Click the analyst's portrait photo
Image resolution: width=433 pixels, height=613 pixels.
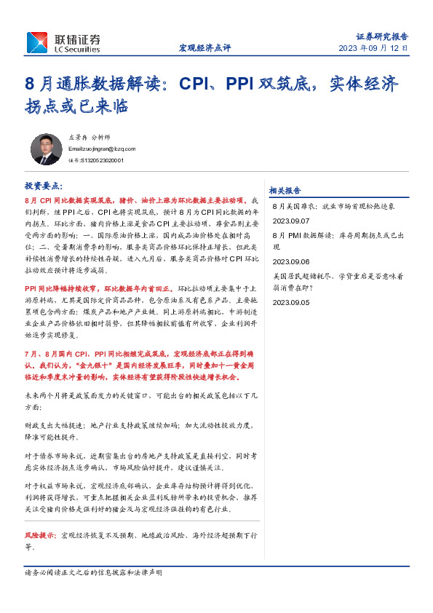coord(46,149)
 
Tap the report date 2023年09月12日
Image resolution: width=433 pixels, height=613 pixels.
coord(373,48)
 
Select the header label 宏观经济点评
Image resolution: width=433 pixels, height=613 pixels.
coord(204,48)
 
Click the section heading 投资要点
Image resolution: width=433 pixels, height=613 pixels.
coord(44,186)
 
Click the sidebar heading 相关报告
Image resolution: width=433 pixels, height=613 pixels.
coord(285,190)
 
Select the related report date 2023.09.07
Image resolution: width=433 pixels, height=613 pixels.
coord(291,220)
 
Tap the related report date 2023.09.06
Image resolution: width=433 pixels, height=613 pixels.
coord(291,261)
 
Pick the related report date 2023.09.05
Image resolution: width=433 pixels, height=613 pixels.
coord(291,301)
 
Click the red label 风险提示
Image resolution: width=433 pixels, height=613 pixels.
coord(41,534)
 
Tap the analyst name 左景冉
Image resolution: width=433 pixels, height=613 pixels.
coord(77,137)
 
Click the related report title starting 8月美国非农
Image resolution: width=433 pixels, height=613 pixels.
coord(333,206)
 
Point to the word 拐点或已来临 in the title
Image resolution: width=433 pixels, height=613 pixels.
coord(76,106)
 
